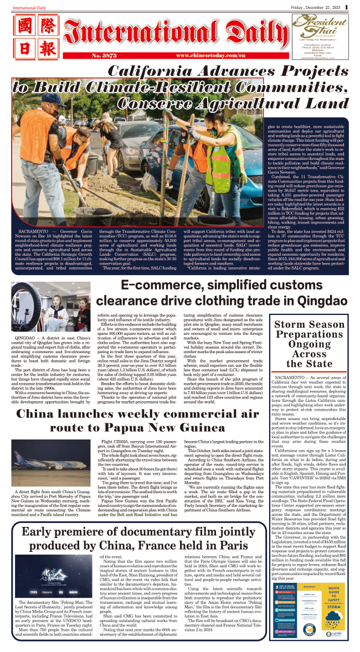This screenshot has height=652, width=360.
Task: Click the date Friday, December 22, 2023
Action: pyautogui.click(x=317, y=6)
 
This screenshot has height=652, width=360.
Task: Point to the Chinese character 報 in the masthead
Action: pyautogui.click(x=48, y=49)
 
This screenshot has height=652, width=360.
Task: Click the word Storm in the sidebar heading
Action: pyautogui.click(x=290, y=324)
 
